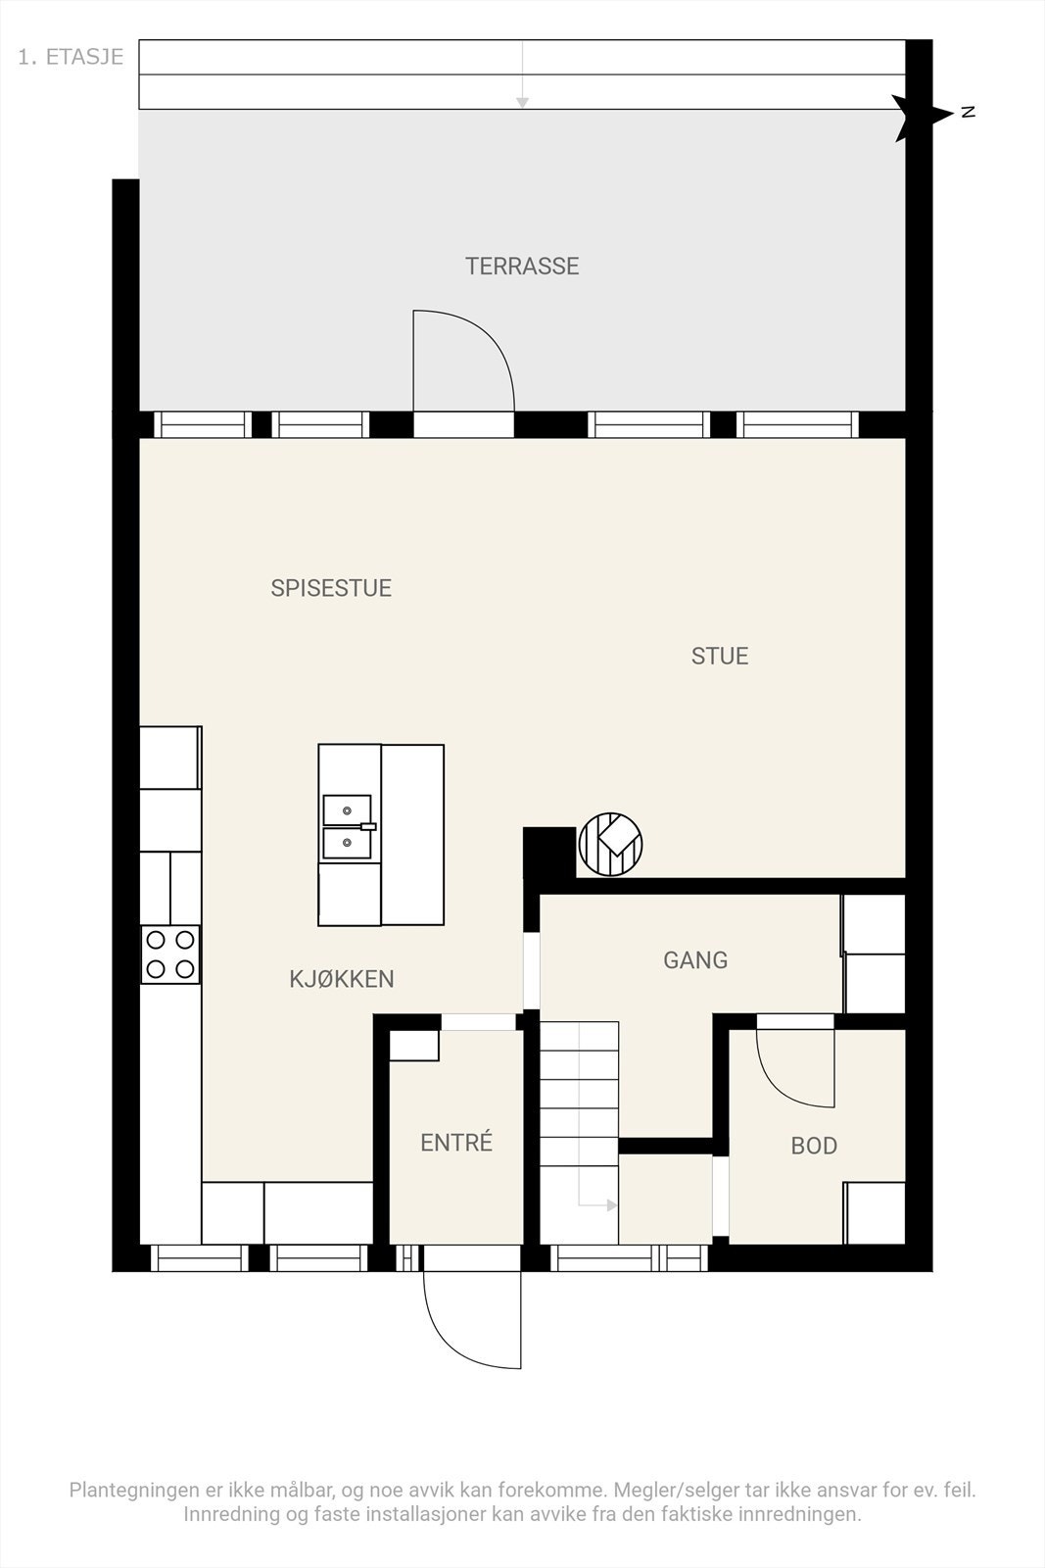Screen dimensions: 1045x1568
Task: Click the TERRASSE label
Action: (522, 266)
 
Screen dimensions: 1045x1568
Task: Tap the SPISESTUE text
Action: (331, 588)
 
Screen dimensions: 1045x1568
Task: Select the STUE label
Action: (720, 656)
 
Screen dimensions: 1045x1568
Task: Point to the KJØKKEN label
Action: (342, 979)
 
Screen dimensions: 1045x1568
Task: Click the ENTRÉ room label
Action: (456, 1142)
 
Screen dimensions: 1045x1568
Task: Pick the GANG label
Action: (695, 959)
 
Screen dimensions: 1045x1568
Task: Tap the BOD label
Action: (814, 1146)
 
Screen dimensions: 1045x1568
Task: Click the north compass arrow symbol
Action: (924, 117)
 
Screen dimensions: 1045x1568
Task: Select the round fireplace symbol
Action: (610, 844)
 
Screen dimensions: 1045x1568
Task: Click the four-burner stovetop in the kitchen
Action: (170, 955)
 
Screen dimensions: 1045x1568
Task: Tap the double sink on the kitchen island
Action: (348, 827)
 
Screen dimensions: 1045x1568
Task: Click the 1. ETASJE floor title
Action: (71, 57)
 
